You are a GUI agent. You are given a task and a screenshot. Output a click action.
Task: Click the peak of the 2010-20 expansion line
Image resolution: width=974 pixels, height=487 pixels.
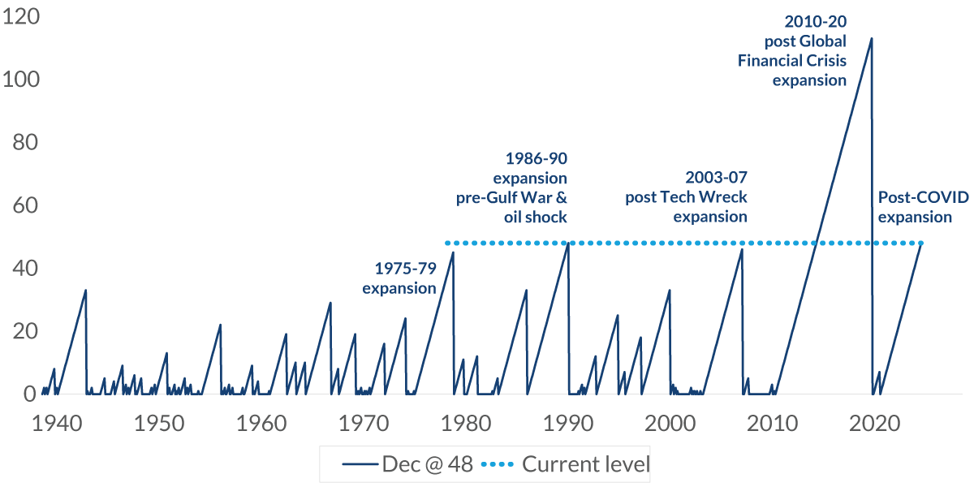[872, 38]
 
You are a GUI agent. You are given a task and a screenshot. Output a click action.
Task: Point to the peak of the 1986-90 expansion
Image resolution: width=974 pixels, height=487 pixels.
[568, 243]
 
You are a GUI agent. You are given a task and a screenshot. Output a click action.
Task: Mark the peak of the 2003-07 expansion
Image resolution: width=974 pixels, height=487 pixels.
[742, 249]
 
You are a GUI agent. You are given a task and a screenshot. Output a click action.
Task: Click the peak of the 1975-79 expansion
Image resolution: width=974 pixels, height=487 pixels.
[453, 252]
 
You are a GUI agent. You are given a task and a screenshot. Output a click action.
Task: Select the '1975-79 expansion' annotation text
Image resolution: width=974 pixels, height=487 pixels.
[399, 278]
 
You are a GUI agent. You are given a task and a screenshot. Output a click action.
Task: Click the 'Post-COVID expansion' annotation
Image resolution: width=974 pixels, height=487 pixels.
[915, 207]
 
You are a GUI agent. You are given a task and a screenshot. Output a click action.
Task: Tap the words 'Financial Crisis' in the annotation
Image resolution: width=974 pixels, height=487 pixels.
[792, 61]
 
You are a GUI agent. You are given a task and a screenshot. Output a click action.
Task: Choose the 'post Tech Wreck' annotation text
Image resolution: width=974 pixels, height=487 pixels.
[686, 196]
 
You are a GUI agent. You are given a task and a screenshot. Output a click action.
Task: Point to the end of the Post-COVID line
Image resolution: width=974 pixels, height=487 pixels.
[923, 243]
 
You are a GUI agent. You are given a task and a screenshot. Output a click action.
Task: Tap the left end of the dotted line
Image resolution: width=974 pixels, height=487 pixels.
[446, 243]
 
